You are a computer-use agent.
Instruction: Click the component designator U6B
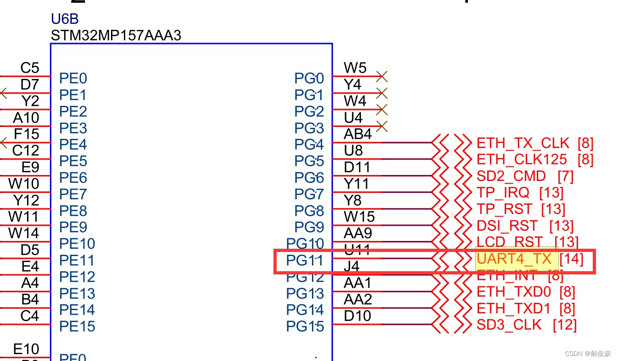point(65,19)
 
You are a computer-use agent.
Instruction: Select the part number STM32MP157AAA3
point(116,35)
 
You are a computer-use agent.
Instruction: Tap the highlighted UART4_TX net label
point(514,259)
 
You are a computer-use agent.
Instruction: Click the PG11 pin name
point(305,260)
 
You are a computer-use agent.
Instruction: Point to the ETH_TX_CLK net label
point(523,143)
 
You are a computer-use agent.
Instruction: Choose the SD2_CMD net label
point(511,176)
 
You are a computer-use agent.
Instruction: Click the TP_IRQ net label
point(503,193)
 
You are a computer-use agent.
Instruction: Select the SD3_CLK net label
point(509,325)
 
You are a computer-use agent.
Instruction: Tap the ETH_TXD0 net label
point(513,292)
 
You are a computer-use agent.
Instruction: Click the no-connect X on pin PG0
point(382,76)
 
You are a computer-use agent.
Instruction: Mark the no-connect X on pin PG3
point(382,126)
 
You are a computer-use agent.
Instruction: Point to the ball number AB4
point(357,134)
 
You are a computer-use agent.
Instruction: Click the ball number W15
point(359,216)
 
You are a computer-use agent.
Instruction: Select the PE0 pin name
point(73,78)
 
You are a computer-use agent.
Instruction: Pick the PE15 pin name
point(77,326)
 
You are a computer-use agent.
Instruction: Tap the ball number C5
point(30,68)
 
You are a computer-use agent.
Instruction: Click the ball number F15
point(27,134)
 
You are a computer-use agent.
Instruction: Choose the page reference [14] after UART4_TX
point(571,259)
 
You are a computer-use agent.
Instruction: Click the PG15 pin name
point(305,326)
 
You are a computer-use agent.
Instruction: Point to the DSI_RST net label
point(507,226)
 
